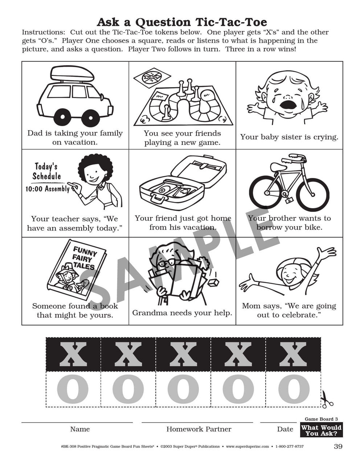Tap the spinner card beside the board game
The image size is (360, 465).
coord(152,77)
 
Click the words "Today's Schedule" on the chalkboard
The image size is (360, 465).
coord(46,171)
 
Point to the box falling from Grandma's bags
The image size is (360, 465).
coord(213,283)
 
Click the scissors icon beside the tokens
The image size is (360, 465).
coord(327,399)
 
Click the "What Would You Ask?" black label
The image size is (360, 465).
coord(321,430)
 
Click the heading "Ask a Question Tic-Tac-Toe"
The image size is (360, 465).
coord(182,22)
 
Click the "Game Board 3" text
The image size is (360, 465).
coord(321,419)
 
